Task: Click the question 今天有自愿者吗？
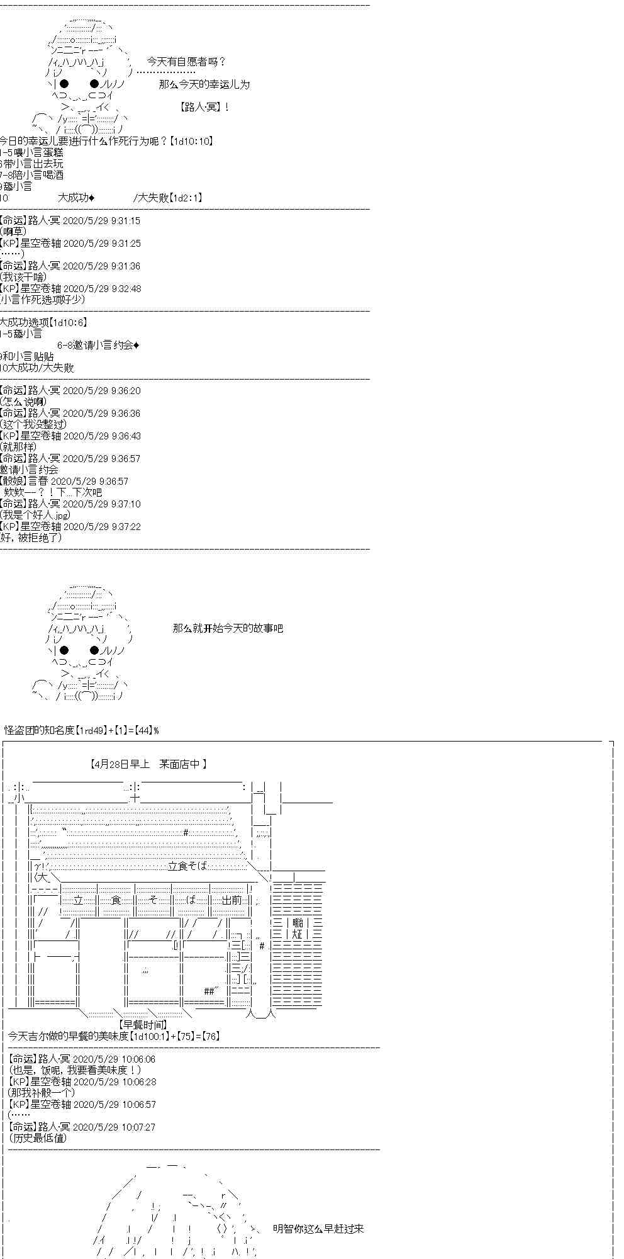(x=186, y=62)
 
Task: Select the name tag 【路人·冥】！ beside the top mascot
(x=204, y=107)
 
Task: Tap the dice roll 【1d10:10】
(x=191, y=141)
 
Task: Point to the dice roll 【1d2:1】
(x=186, y=198)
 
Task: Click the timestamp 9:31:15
(x=125, y=221)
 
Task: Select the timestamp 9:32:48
(x=126, y=289)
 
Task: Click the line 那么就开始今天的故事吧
(x=228, y=628)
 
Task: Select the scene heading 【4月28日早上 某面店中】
(x=149, y=764)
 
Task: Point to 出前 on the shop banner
(x=232, y=900)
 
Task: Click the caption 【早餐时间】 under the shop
(x=143, y=1025)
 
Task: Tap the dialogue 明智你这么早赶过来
(x=318, y=1229)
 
